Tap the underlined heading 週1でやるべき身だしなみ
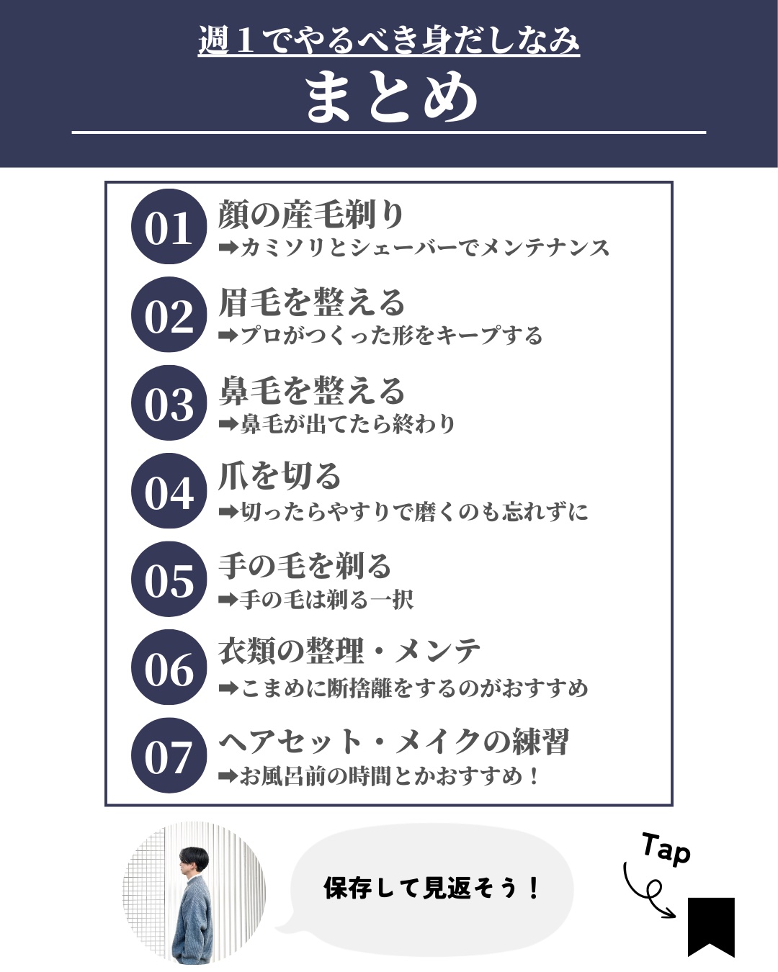pos(389,40)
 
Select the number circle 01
pos(169,227)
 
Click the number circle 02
pos(169,315)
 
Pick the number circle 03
pos(169,403)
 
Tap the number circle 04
pos(169,491)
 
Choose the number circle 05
pos(169,580)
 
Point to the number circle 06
pos(169,667)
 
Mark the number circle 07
pos(169,756)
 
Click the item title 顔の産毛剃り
pos(311,214)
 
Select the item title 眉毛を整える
pos(311,302)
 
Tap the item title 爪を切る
pos(280,477)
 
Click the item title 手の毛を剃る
pos(304,566)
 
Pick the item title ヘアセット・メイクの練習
pos(393,742)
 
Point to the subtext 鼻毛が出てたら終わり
pos(337,424)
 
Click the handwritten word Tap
pos(666,849)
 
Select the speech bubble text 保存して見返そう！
pos(431,888)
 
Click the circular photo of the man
pos(194,893)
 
